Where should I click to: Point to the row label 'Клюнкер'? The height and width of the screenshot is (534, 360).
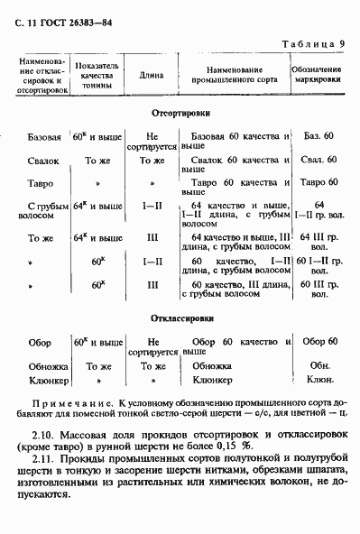(44, 380)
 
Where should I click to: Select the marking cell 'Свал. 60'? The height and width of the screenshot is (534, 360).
(318, 160)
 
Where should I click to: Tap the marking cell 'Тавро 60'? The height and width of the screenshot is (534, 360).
(318, 183)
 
